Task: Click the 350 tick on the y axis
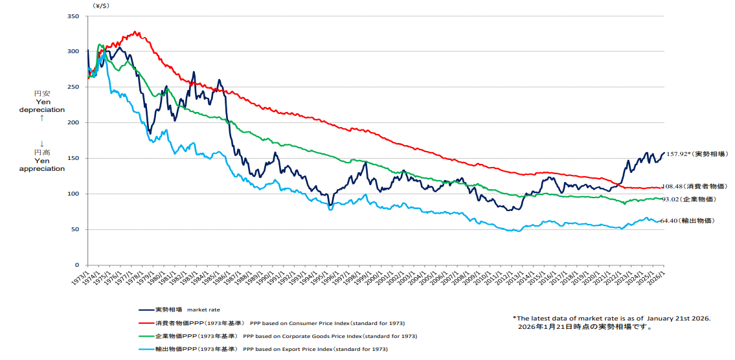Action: [x=73, y=16]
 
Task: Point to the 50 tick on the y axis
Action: [x=74, y=229]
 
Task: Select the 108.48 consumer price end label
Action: [x=679, y=186]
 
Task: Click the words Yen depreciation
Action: [x=42, y=106]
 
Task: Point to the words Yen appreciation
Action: [x=42, y=164]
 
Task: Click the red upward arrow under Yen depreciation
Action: [x=42, y=118]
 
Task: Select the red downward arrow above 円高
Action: [x=42, y=143]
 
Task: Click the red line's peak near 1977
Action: [x=135, y=31]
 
